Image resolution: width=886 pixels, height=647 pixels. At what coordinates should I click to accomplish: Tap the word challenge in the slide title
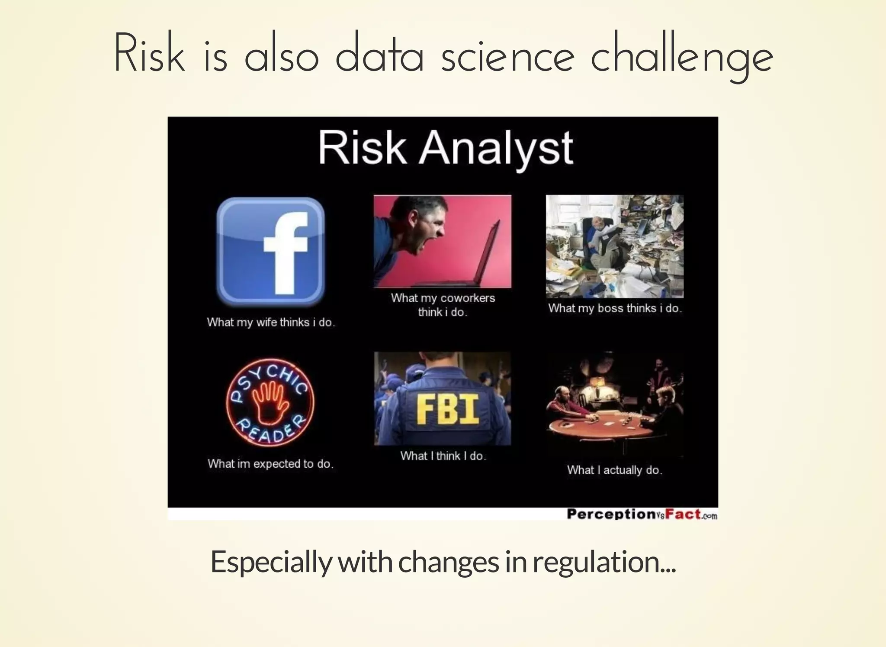pyautogui.click(x=681, y=57)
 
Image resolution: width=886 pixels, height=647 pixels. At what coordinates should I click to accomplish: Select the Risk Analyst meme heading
pyautogui.click(x=446, y=148)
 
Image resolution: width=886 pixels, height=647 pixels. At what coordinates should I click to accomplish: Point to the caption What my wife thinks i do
pyautogui.click(x=271, y=322)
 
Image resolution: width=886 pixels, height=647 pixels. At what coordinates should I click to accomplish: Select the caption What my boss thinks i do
pyautogui.click(x=615, y=308)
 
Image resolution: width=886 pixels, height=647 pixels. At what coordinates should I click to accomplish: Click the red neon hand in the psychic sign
pyautogui.click(x=269, y=403)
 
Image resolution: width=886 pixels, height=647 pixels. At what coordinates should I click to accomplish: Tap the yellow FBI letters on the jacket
pyautogui.click(x=448, y=409)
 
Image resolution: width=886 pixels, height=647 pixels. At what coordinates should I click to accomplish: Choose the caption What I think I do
pyautogui.click(x=443, y=456)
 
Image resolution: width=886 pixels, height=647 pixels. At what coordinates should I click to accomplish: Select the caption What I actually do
pyautogui.click(x=614, y=470)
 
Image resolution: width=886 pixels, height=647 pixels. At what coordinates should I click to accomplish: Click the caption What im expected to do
pyautogui.click(x=270, y=464)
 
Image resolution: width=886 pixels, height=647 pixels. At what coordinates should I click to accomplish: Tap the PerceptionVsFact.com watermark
pyautogui.click(x=642, y=514)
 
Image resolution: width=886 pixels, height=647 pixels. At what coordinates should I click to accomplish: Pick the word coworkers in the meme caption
pyautogui.click(x=468, y=298)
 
